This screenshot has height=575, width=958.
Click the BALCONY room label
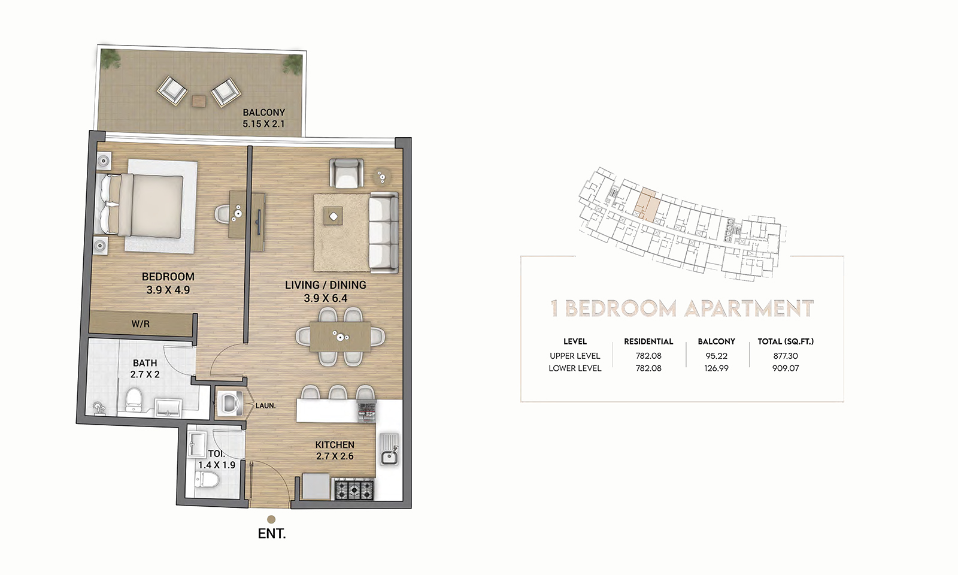(263, 113)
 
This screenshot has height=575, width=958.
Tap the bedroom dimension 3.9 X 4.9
(168, 290)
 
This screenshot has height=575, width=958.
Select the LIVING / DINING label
(325, 285)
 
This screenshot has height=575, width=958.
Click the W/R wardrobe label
(141, 324)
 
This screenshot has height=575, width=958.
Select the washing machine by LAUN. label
(230, 404)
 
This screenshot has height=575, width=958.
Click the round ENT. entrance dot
(271, 519)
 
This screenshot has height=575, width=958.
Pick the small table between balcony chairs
(199, 101)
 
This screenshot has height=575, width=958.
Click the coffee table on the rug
(333, 215)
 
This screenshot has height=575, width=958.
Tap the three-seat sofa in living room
(383, 231)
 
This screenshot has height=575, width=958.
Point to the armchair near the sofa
(348, 173)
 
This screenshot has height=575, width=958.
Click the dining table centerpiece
(341, 337)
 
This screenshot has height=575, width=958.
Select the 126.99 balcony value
(716, 368)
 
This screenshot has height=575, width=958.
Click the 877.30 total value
(785, 356)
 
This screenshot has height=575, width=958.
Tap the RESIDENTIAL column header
(648, 341)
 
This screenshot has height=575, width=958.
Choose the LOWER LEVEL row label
(575, 368)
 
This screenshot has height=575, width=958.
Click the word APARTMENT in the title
(749, 309)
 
